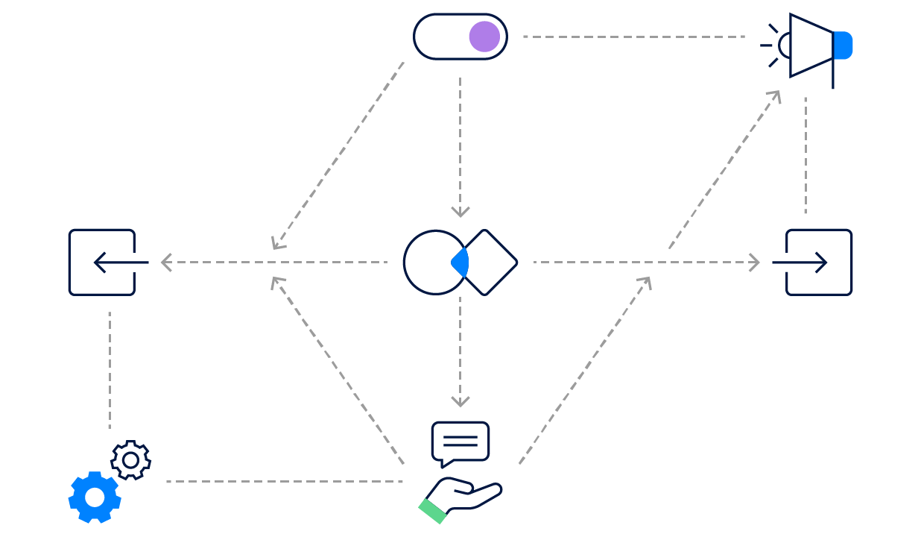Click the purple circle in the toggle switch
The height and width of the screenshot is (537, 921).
(x=484, y=37)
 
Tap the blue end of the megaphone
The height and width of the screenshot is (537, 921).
(x=843, y=45)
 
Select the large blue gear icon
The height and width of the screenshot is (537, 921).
(x=95, y=497)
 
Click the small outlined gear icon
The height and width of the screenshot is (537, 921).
(x=130, y=460)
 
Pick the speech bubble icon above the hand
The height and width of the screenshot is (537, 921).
(x=460, y=442)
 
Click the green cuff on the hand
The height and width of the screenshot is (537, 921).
(x=432, y=511)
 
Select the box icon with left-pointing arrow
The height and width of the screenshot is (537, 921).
(x=102, y=263)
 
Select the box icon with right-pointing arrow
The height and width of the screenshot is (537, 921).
(x=819, y=263)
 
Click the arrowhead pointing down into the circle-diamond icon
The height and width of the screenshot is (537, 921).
(x=460, y=212)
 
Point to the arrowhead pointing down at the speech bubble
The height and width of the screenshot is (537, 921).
(x=460, y=402)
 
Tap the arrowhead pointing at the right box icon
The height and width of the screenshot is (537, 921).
(x=754, y=263)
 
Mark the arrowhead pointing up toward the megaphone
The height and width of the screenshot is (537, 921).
(x=775, y=95)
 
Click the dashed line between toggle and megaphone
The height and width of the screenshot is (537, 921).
(x=633, y=37)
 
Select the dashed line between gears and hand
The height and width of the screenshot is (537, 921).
(x=283, y=482)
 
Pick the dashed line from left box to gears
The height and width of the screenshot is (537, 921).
(x=110, y=369)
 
